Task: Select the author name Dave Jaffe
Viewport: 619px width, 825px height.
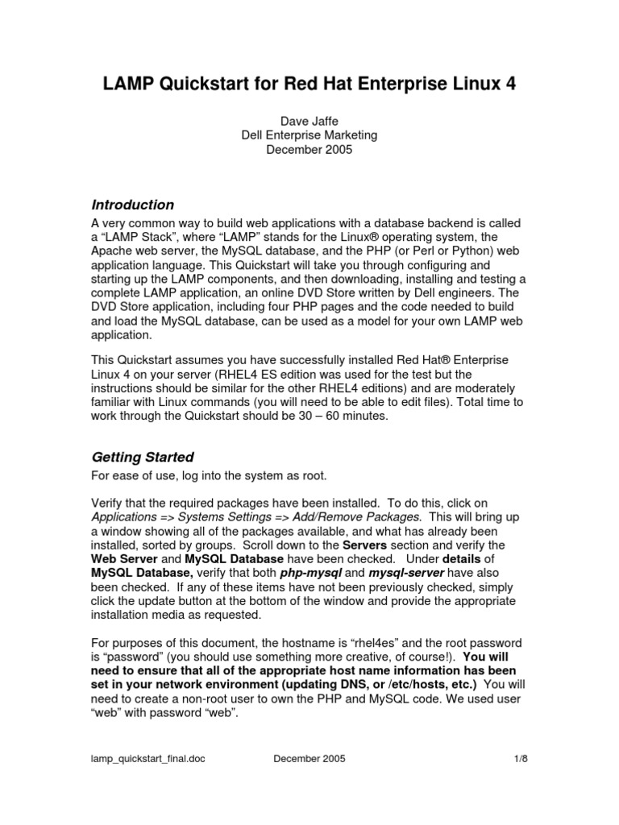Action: [x=309, y=121]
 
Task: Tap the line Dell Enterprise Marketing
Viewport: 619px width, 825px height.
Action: [x=309, y=135]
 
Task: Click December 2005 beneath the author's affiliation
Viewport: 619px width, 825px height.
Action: [x=309, y=150]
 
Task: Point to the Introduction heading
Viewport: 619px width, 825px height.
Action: [x=132, y=205]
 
